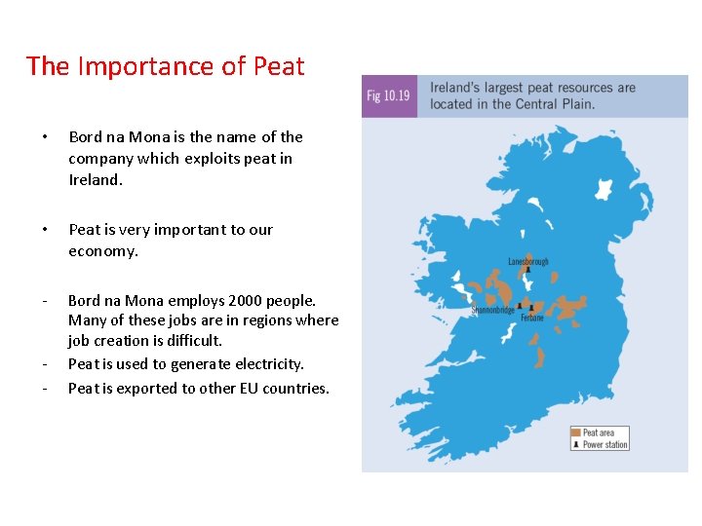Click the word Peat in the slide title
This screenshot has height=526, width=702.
(x=279, y=66)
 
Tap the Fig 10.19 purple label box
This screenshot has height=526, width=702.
(x=388, y=95)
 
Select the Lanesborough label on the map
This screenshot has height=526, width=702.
(x=528, y=261)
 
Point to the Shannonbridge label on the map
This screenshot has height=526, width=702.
(x=492, y=310)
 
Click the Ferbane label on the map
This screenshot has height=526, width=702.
(x=532, y=318)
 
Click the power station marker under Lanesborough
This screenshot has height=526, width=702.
(x=528, y=272)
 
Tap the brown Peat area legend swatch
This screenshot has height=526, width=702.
(x=576, y=432)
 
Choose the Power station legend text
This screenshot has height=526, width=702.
(x=605, y=445)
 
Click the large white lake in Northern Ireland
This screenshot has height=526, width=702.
(x=605, y=186)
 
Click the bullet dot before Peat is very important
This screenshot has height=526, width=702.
(x=33, y=230)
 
